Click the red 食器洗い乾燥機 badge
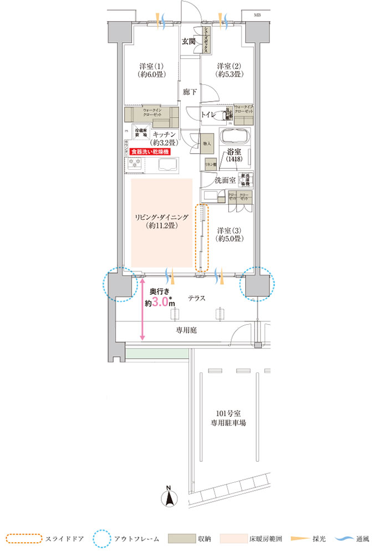coord(149,151)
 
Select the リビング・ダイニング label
coord(162,221)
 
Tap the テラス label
coord(196,298)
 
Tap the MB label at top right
coord(257,15)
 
